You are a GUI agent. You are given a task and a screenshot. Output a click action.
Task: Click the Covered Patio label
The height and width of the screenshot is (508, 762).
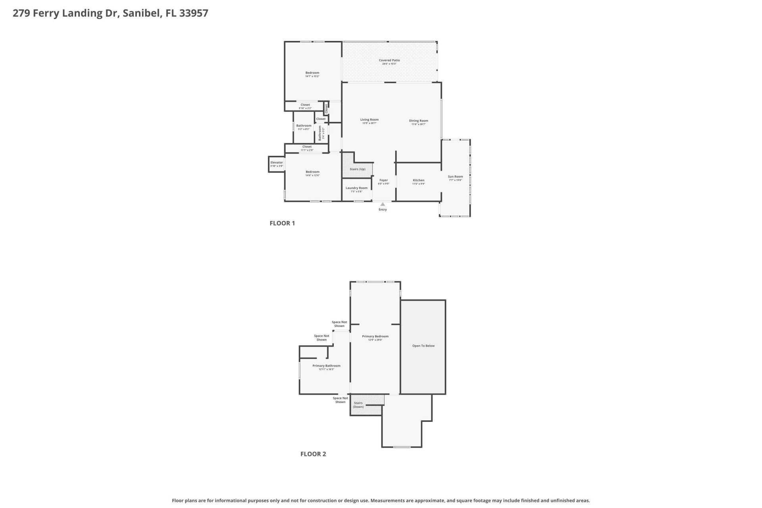tap(389, 60)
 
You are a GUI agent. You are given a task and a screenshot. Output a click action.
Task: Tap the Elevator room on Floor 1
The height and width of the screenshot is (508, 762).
tap(277, 164)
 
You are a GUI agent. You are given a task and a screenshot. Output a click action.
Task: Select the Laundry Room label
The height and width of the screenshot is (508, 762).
tap(356, 188)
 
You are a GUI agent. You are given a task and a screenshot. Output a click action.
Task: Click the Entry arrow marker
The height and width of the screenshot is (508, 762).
tap(383, 204)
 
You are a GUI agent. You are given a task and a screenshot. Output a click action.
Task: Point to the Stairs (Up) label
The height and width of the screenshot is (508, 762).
tap(357, 169)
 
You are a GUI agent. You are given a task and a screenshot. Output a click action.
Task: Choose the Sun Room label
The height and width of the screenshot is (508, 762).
tap(455, 177)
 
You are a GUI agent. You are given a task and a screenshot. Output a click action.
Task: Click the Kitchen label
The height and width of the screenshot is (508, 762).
tap(418, 180)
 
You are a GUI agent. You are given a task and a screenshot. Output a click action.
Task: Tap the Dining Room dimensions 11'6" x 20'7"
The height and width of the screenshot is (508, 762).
tap(418, 124)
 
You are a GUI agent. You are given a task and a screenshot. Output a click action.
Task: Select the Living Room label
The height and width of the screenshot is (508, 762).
tap(369, 119)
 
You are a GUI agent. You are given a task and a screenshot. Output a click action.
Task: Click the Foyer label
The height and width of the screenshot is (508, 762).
tap(383, 180)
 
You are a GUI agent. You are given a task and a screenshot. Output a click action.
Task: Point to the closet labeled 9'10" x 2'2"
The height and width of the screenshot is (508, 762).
tap(305, 106)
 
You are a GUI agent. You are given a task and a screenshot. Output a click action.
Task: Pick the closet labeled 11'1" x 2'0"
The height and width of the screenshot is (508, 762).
tap(307, 148)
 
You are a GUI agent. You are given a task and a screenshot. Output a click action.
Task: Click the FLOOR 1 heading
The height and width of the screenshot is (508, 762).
tap(282, 223)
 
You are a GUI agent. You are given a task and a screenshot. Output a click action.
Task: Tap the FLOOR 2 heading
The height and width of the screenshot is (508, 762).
tap(313, 454)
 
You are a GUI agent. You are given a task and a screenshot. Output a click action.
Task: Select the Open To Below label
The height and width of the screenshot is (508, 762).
tap(423, 346)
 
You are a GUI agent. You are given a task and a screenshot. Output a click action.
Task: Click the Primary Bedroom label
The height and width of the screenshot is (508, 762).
tap(375, 336)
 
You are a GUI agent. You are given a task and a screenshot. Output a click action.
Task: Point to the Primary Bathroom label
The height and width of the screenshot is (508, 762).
tap(326, 366)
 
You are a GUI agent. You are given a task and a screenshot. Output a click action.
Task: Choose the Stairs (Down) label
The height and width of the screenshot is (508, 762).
tap(358, 405)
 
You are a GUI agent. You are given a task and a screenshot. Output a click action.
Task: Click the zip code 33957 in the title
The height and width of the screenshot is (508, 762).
tap(194, 13)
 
